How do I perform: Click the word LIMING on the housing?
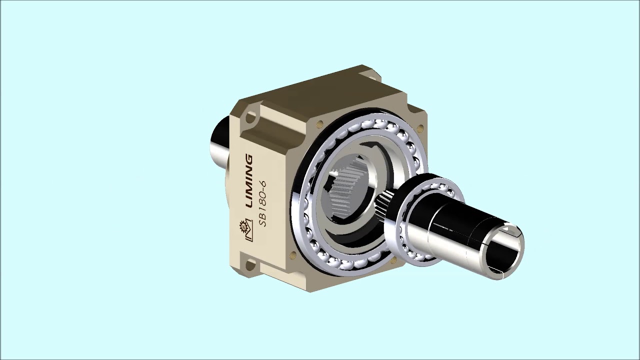click(249, 181)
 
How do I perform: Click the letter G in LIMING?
click(249, 159)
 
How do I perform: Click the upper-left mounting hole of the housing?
click(250, 117)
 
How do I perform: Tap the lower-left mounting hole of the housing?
click(250, 265)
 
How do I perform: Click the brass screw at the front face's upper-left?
click(320, 123)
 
